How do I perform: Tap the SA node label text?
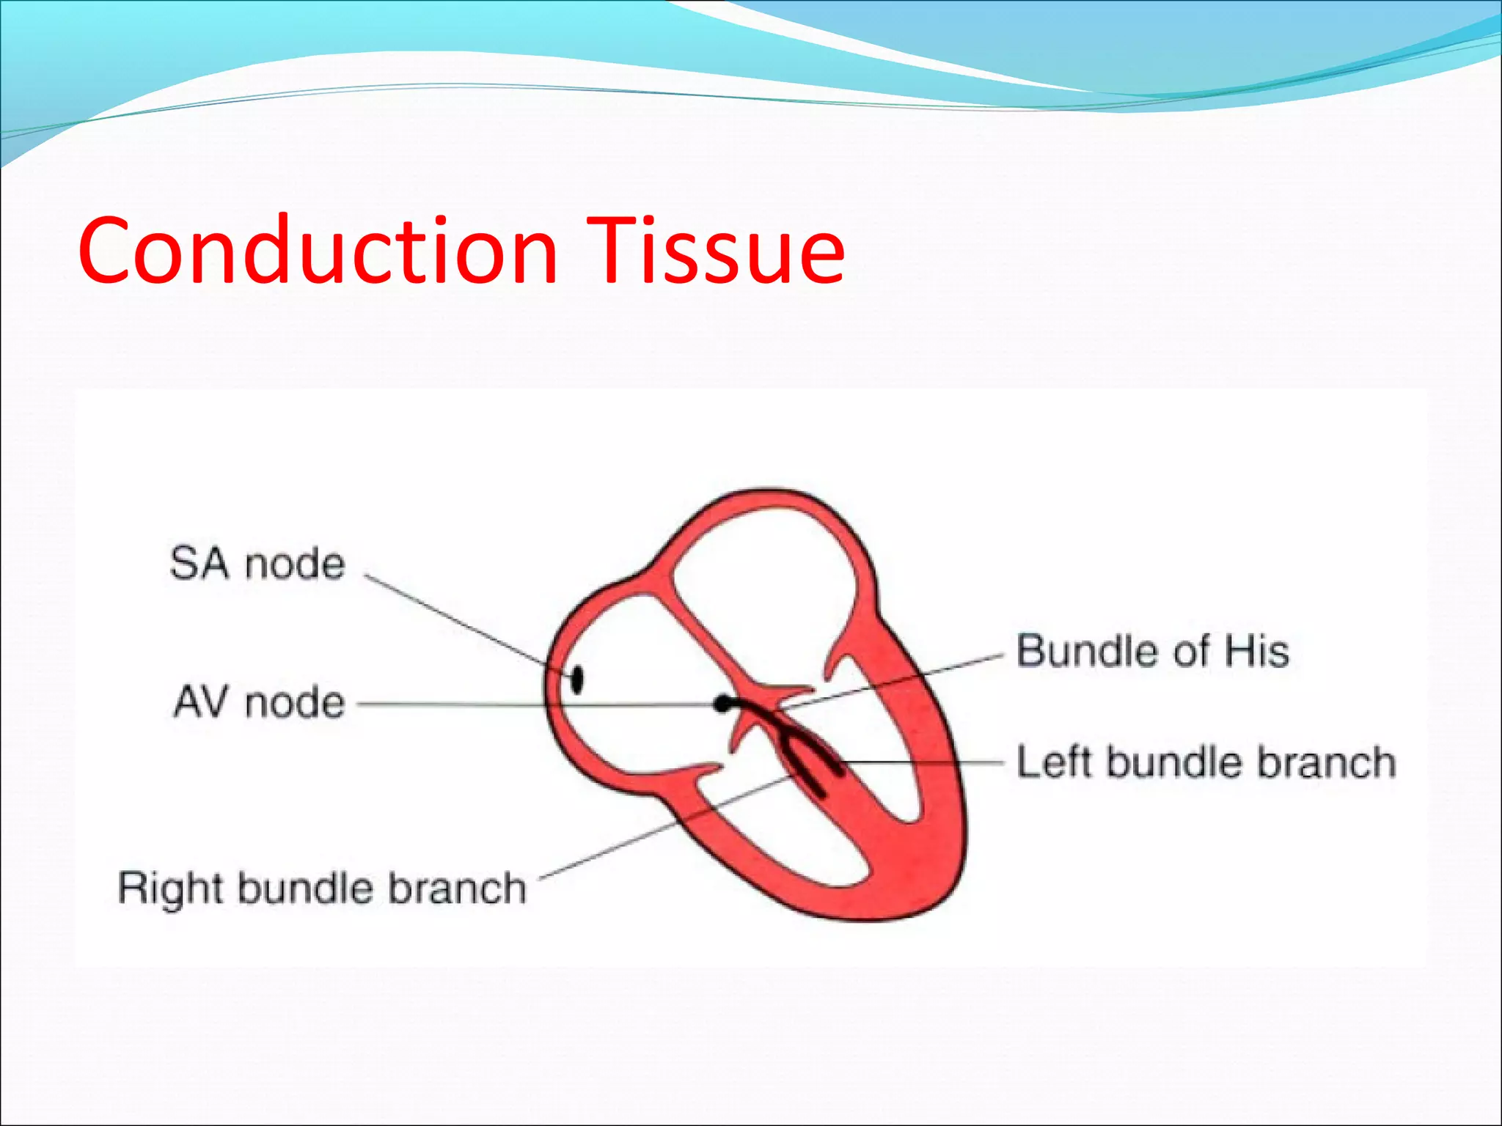257,564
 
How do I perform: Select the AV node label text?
259,702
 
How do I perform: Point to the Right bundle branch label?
322,888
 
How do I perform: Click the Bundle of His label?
1152,651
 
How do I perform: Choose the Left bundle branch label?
1206,762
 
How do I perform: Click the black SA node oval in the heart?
577,679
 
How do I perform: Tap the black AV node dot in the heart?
723,704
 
